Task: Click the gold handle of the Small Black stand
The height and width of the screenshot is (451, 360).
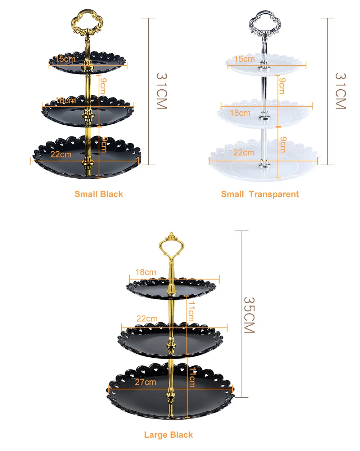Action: (87, 22)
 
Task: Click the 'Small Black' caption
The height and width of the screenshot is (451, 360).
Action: (99, 194)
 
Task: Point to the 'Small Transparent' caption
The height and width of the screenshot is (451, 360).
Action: (260, 194)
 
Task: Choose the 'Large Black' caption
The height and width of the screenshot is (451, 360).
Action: (168, 435)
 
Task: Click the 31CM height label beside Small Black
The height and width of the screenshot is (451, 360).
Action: (162, 91)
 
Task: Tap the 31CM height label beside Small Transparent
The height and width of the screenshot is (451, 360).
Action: (340, 91)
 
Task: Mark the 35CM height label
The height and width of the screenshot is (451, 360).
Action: (249, 315)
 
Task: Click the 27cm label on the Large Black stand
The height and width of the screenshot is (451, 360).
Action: (145, 382)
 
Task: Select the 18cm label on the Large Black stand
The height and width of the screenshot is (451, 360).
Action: (146, 272)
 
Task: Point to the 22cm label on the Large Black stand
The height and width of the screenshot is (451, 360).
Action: (147, 318)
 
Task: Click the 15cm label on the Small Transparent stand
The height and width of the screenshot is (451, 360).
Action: (244, 59)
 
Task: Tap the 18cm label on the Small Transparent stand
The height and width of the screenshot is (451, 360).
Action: (240, 113)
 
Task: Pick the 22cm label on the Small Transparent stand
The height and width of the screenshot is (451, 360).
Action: (244, 152)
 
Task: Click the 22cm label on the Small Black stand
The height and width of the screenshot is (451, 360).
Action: (61, 154)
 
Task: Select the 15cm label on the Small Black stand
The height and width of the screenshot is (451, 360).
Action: (65, 59)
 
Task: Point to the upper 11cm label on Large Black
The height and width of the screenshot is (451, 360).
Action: (191, 311)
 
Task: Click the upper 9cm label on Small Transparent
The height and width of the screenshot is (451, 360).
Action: (282, 86)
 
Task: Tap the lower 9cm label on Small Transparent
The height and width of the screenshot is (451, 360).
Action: (283, 144)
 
